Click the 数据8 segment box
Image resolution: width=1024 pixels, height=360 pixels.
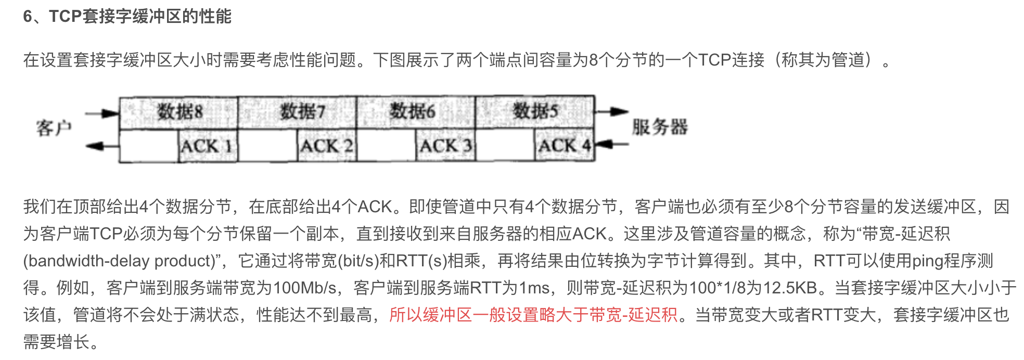tap(178, 112)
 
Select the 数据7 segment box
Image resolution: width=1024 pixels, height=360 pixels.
tap(297, 112)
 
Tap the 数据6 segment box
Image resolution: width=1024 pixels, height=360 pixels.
tap(416, 112)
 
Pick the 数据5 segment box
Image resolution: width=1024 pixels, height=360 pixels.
tap(534, 112)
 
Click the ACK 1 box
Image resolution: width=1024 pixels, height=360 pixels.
tap(208, 146)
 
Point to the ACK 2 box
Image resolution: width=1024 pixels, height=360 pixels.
tap(326, 146)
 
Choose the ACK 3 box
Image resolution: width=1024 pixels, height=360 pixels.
tap(445, 146)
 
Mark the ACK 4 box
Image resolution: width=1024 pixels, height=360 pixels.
tap(565, 146)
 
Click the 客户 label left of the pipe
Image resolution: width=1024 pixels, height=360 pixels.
tap(54, 127)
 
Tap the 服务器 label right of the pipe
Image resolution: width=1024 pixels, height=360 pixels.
tap(660, 127)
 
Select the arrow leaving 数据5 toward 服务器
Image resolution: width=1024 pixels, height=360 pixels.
tap(612, 111)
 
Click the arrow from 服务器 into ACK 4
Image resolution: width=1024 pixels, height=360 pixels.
tap(612, 144)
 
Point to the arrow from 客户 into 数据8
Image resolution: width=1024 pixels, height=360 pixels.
tap(103, 113)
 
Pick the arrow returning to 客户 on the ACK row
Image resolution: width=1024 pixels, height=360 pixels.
tap(103, 146)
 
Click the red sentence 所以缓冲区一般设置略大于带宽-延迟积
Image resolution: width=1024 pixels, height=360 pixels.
tap(533, 315)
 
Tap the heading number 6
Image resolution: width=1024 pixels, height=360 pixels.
tap(28, 17)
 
